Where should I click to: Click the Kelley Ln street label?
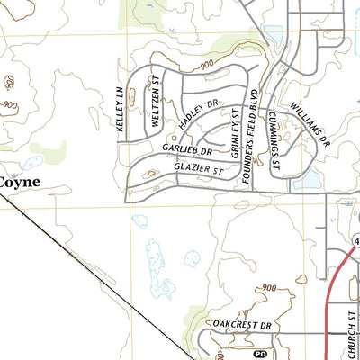tap(119, 110)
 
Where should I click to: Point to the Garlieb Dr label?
tap(187, 147)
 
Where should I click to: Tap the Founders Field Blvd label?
tap(255, 136)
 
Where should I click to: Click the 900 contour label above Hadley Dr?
tap(205, 65)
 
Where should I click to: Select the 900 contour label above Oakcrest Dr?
tap(269, 288)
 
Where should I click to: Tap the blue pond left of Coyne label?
tap(30, 164)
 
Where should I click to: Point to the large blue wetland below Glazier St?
tap(159, 267)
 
